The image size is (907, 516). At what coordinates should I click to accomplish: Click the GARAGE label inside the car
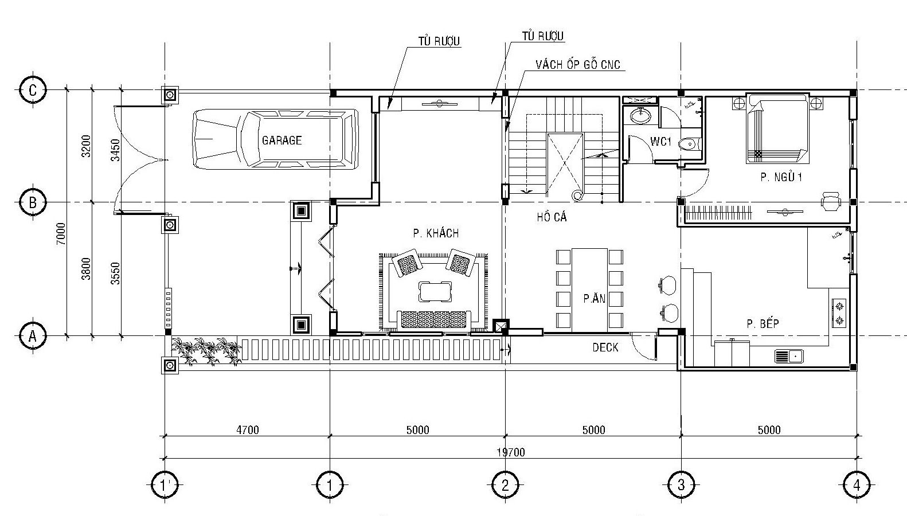(282, 140)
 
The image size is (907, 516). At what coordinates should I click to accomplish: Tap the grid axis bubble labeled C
(33, 90)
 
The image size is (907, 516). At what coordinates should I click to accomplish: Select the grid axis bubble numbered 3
(681, 484)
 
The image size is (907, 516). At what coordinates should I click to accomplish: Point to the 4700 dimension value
(248, 430)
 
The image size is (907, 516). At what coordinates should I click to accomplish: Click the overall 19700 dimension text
(511, 452)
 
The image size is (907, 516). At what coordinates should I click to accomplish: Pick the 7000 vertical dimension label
(61, 234)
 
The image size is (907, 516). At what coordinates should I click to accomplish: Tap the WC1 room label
(661, 142)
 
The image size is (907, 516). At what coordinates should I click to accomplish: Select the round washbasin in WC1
(640, 115)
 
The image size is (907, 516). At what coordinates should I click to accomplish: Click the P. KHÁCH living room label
(436, 233)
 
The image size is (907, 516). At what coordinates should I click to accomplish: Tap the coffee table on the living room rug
(435, 292)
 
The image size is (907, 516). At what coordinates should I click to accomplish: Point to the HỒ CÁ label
(552, 217)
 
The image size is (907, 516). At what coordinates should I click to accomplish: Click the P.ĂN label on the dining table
(595, 299)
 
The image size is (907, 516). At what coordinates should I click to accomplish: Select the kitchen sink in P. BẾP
(789, 357)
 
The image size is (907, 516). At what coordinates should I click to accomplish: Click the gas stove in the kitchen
(839, 312)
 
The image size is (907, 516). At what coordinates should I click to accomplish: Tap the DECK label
(605, 347)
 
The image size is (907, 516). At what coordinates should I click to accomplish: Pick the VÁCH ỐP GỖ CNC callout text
(578, 65)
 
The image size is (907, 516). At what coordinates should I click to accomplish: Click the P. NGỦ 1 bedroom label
(781, 177)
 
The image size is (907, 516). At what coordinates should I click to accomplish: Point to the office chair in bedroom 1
(831, 201)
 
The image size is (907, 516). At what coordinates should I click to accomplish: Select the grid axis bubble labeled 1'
(165, 484)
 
